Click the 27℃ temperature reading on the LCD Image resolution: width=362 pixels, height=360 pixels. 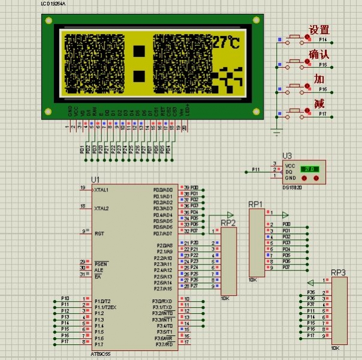226,43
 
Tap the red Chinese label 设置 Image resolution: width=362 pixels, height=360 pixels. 319,30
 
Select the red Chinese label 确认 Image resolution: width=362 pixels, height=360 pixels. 319,55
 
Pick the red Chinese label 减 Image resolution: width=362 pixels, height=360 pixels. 319,104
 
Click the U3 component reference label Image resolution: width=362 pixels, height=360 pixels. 287,155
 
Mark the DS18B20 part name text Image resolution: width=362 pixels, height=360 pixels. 293,187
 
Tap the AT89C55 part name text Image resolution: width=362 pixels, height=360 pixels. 100,353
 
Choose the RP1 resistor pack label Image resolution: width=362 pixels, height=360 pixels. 255,204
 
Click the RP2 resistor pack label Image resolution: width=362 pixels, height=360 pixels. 228,223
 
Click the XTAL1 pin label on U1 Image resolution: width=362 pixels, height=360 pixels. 101,190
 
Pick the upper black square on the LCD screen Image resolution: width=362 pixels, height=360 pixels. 139,52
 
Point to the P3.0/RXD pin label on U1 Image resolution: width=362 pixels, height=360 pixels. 162,301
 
